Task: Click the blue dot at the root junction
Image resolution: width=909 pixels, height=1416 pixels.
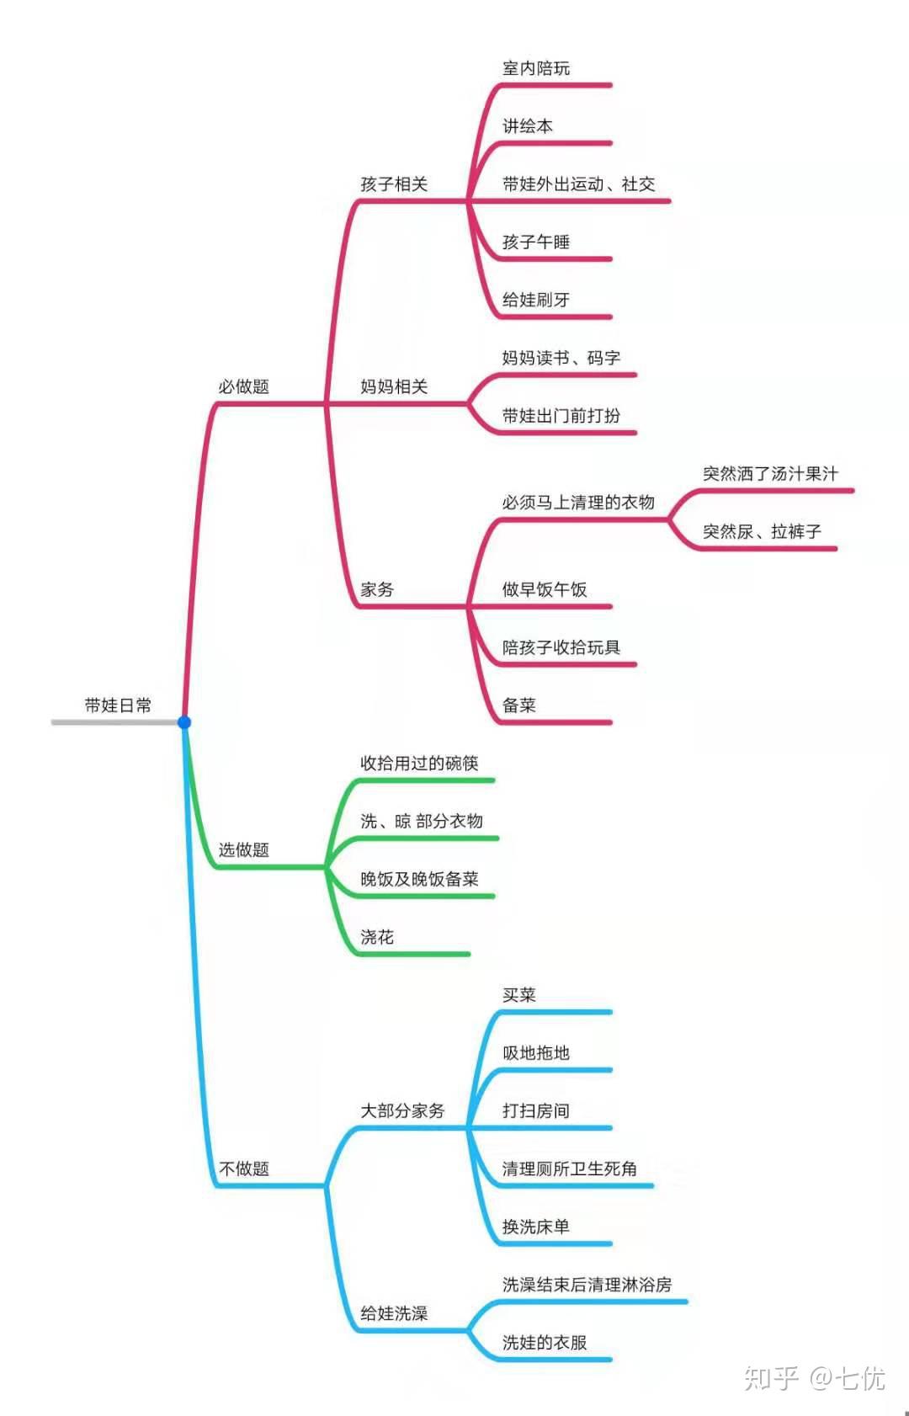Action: pos(184,722)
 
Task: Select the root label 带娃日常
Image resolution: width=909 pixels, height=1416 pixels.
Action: pos(118,705)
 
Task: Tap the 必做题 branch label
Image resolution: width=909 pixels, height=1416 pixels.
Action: pos(244,386)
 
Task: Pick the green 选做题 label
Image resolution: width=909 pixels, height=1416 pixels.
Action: pos(244,849)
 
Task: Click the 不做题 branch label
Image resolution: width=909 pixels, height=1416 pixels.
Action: pos(244,1168)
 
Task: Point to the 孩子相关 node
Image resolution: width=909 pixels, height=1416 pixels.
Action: pos(394,184)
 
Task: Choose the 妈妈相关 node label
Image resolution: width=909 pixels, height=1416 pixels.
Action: pos(394,386)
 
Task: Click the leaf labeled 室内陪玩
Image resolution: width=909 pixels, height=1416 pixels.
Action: pos(536,67)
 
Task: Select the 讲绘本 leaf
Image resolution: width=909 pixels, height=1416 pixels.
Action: pos(527,125)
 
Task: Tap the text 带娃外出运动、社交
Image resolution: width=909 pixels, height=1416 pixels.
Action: pos(578,184)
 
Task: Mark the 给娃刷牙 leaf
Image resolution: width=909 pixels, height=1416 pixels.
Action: pos(536,300)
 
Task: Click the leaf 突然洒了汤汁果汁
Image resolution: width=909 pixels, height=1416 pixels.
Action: pos(771,473)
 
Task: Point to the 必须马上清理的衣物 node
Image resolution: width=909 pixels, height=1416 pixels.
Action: pos(578,503)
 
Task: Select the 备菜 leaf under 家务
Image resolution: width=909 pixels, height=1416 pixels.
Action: pos(519,705)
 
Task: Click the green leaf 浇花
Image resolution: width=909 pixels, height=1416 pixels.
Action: pos(377,937)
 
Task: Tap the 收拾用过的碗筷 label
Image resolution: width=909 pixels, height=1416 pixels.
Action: pos(419,763)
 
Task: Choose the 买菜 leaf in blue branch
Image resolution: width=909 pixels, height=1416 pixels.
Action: pos(519,995)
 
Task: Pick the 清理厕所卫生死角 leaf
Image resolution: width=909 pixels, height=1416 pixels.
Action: pos(570,1168)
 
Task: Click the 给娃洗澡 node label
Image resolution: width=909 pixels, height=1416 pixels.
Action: pos(394,1313)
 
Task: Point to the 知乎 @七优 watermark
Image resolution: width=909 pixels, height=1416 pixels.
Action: pos(814,1378)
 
